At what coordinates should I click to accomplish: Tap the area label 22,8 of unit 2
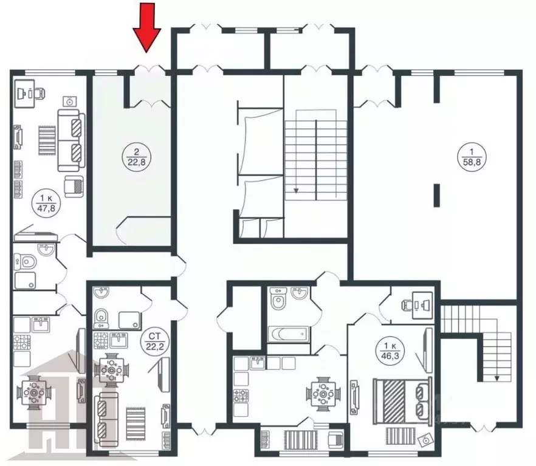(131, 156)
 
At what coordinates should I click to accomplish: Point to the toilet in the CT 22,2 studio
(101, 316)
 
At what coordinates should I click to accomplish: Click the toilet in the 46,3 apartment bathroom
(278, 301)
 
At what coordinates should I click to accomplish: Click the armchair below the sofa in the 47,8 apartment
(74, 186)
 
